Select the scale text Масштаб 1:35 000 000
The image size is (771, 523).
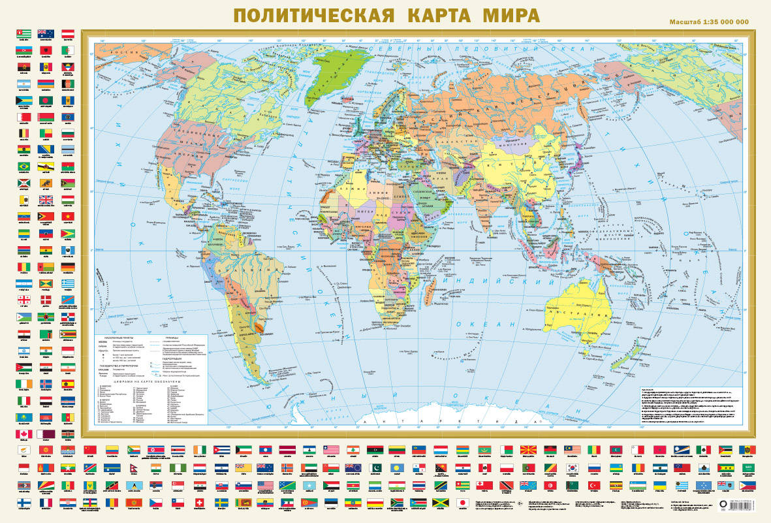point(708,23)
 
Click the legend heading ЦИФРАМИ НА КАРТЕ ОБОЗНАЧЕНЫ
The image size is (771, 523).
point(149,381)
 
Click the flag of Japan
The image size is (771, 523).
point(463,502)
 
